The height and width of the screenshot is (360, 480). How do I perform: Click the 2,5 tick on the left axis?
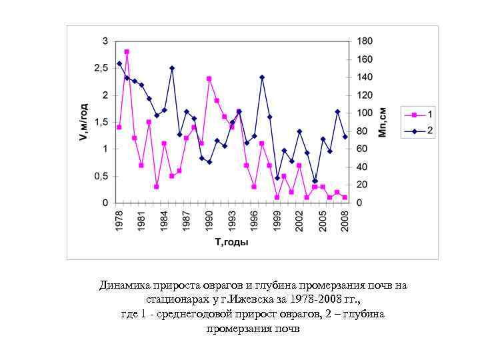point(101,68)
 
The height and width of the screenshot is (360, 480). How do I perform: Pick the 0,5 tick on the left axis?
point(101,176)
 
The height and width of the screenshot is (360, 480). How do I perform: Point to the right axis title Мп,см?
point(383,122)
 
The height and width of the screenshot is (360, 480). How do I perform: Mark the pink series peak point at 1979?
point(127,51)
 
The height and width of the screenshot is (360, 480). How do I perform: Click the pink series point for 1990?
point(209,78)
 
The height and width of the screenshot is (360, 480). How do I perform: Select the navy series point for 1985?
point(172,68)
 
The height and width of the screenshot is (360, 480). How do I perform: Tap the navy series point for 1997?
point(262,77)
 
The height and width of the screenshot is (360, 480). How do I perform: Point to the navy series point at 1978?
point(119,64)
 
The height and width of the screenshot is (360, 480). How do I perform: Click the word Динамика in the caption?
point(125,286)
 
